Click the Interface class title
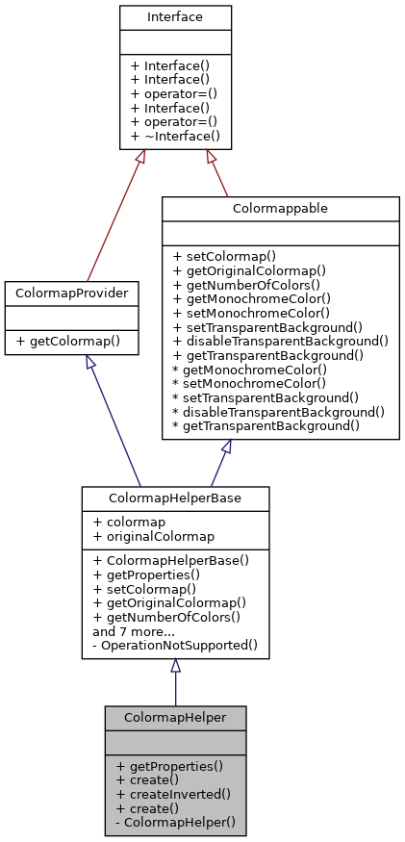175,17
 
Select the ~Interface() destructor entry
174,137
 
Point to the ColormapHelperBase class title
175,498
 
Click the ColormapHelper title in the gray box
175,716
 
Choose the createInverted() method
173,794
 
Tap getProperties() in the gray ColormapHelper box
169,766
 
